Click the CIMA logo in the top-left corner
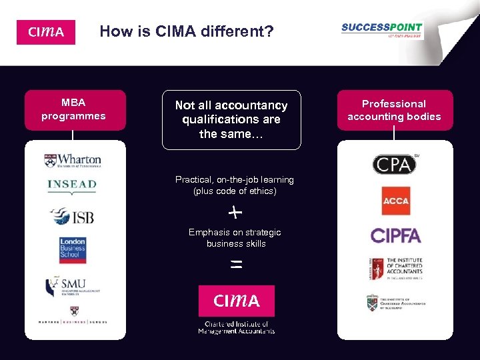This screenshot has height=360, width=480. pyautogui.click(x=45, y=32)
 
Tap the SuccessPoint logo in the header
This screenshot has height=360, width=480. pyautogui.click(x=381, y=31)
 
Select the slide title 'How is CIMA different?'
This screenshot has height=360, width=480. pyautogui.click(x=187, y=31)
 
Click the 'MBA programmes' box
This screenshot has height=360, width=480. pyautogui.click(x=73, y=110)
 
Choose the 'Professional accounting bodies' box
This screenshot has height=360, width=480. pyautogui.click(x=394, y=110)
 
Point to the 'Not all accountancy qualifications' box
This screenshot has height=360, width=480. pyautogui.click(x=231, y=119)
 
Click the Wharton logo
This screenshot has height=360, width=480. pyautogui.click(x=73, y=160)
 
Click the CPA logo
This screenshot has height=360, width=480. pyautogui.click(x=394, y=163)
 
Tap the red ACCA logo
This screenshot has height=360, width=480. pyautogui.click(x=395, y=199)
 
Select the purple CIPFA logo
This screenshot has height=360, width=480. pyautogui.click(x=395, y=235)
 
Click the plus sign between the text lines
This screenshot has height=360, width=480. pyautogui.click(x=235, y=213)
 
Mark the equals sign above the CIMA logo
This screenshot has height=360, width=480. pyautogui.click(x=235, y=265)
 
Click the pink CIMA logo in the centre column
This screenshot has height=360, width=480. pyautogui.click(x=236, y=301)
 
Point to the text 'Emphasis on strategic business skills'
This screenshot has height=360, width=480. pyautogui.click(x=235, y=238)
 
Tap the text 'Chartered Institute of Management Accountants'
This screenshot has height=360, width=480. pyautogui.click(x=236, y=327)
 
